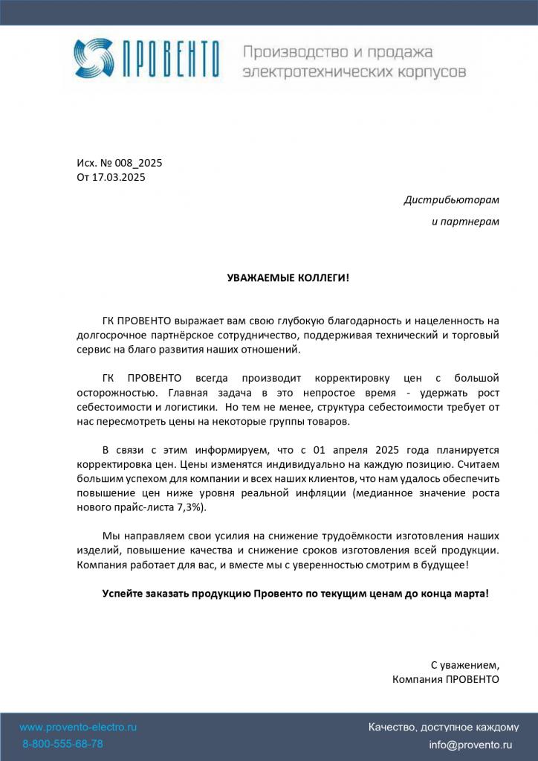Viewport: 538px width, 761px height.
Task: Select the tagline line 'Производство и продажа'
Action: pyautogui.click(x=338, y=51)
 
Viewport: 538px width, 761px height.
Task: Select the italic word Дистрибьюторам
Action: pyautogui.click(x=451, y=200)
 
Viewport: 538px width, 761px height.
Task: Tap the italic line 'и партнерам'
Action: pyautogui.click(x=465, y=222)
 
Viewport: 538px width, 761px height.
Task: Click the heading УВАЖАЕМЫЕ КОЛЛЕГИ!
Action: pyautogui.click(x=288, y=277)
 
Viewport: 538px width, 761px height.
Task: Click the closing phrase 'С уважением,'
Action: pyautogui.click(x=464, y=664)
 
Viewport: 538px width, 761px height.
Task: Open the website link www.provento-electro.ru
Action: pyautogui.click(x=78, y=727)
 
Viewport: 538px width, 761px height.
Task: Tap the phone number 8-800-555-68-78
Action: pyautogui.click(x=62, y=744)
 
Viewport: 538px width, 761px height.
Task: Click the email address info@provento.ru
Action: pyautogui.click(x=470, y=744)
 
